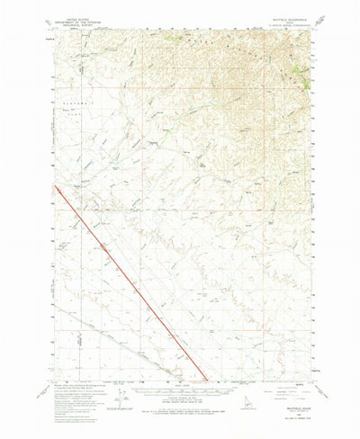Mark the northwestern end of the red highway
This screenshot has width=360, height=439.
click(55, 186)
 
